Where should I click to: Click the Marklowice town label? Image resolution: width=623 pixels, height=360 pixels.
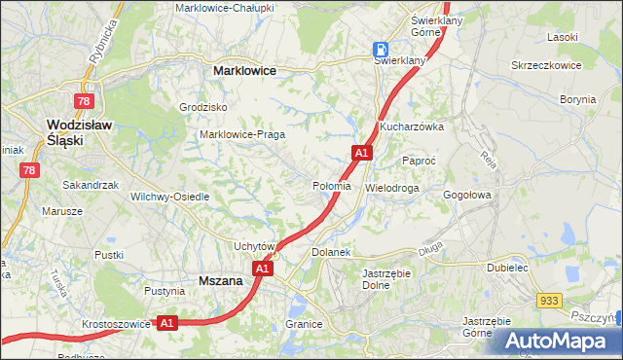244,71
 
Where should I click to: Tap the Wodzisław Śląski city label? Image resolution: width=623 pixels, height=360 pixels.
80,132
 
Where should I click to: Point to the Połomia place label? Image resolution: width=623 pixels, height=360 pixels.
332,186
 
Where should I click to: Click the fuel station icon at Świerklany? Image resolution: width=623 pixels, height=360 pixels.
382,49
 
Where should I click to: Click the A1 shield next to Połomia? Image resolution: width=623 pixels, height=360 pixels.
361,153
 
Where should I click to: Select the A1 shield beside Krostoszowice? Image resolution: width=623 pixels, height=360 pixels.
166,322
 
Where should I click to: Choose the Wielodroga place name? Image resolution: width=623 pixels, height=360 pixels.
392,187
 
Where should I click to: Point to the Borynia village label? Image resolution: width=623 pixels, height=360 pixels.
578,99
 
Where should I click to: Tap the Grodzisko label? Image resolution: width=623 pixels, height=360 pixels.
203,107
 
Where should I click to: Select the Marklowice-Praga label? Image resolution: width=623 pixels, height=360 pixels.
240,134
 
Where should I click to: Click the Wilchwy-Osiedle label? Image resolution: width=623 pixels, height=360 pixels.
170,196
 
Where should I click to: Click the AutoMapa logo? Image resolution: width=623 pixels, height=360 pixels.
559,342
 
